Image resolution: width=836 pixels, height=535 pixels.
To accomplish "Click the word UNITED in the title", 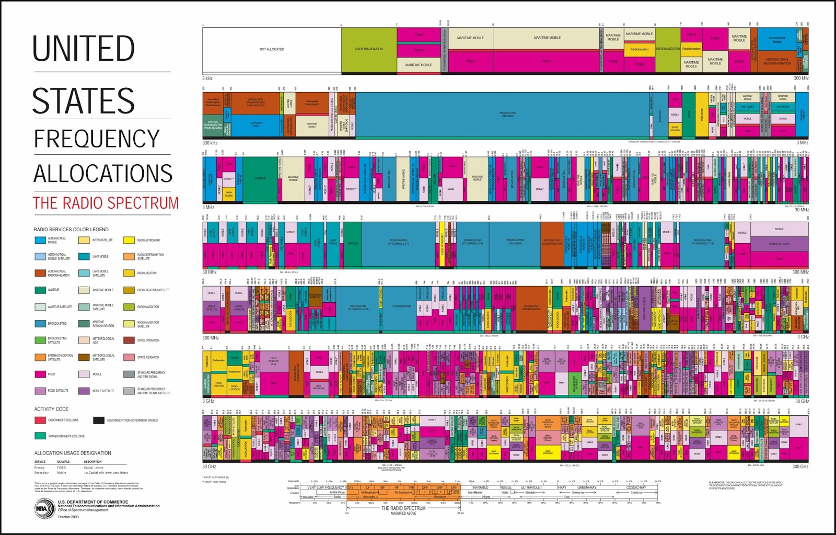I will (84, 49).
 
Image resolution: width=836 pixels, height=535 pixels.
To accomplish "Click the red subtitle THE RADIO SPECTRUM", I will (106, 203).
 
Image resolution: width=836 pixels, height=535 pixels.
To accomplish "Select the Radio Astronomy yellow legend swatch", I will (129, 241).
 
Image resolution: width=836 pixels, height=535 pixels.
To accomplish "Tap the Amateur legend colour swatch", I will (40, 290).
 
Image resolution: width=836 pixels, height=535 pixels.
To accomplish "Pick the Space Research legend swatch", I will (129, 357).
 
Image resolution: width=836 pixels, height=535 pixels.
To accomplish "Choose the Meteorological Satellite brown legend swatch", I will (84, 357).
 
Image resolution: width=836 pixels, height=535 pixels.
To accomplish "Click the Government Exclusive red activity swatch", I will (40, 420).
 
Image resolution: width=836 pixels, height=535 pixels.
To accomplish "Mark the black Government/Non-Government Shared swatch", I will (99, 420).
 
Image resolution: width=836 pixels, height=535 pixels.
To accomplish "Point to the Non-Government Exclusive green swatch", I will (40, 436).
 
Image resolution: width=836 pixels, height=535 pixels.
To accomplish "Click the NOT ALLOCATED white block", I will (272, 50).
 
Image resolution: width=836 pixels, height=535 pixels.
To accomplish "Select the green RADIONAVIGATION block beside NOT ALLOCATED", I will (369, 50).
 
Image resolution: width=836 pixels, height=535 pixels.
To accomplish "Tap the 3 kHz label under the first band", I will (207, 78).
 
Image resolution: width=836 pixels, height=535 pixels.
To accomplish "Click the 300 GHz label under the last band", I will (800, 466).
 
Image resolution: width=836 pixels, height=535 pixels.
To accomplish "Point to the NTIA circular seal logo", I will (44, 508).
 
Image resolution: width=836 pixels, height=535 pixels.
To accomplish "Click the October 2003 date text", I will (68, 517).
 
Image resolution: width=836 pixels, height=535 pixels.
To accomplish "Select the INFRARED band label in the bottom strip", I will (480, 487).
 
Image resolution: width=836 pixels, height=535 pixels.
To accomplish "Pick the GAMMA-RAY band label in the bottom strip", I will (587, 487).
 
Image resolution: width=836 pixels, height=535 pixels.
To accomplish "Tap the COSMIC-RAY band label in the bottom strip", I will (636, 487).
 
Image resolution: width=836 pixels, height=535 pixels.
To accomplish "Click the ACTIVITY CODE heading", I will (51, 409).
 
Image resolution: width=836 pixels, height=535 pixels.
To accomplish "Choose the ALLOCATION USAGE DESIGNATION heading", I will (73, 453).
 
